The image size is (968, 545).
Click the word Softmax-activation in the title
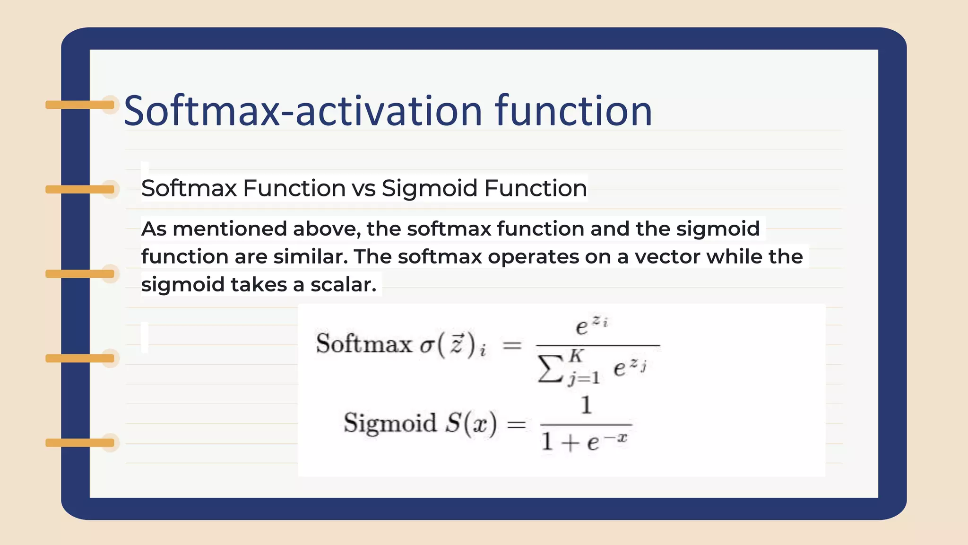tap(302, 111)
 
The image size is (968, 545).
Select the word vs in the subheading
tap(364, 188)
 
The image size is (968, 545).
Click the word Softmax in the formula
tap(364, 343)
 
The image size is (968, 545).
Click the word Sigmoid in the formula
tap(390, 422)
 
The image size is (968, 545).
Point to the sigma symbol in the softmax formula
tap(427, 345)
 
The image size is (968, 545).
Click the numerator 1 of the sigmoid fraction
tap(586, 405)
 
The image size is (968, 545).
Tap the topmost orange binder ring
tap(80, 105)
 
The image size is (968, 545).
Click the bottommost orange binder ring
tap(80, 443)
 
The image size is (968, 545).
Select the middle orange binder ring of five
tap(80, 274)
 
